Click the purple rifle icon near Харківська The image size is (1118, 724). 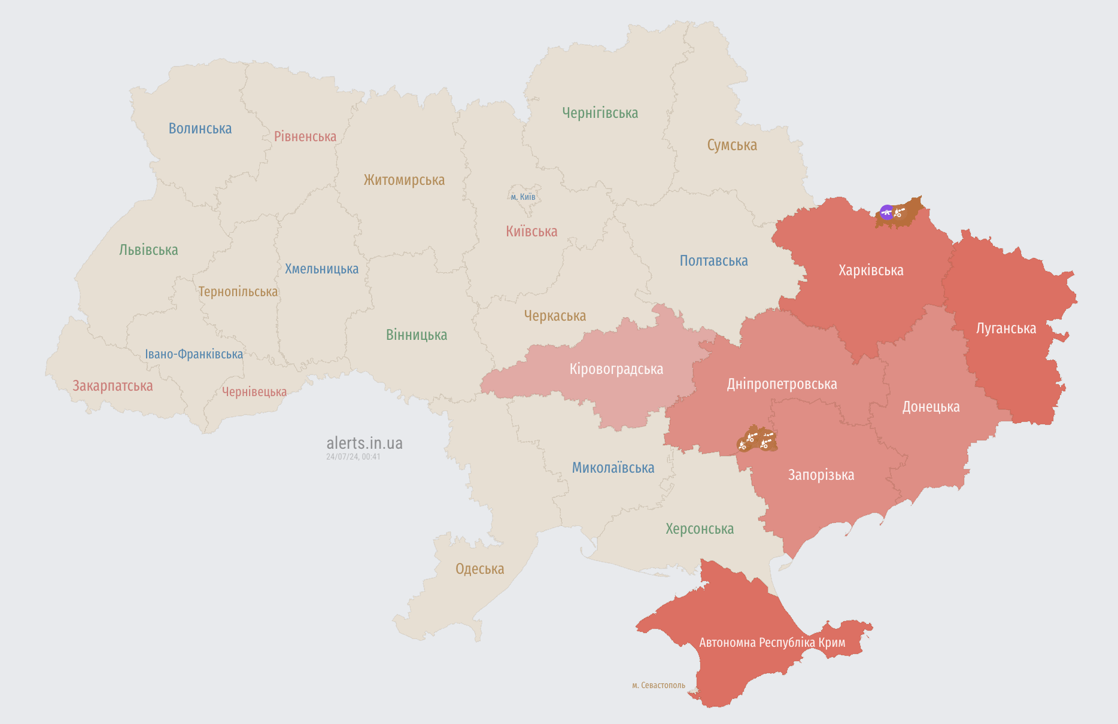coord(886,212)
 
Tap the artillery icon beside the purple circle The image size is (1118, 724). coord(899,212)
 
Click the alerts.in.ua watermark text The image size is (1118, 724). coord(364,443)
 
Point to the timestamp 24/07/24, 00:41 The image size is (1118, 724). coord(353,457)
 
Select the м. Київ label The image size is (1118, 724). coord(522,197)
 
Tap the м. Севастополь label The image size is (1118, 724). coord(658,685)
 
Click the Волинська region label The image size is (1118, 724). coord(200,129)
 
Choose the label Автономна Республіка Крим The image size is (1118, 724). coord(772,643)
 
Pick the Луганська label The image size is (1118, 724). coord(1005,328)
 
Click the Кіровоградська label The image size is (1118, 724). coord(616,369)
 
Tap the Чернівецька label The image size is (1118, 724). coord(254,392)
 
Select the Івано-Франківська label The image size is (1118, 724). coord(194,354)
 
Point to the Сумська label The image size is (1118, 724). coord(731,145)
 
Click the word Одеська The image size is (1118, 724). coord(479,569)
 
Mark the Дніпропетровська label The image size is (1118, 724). coord(782,384)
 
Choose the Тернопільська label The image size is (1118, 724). coord(238,292)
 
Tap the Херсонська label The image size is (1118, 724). coord(699,529)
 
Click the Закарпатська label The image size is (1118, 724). coord(113,386)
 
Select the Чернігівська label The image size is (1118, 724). coord(600,113)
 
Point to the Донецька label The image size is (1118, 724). coord(931,407)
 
